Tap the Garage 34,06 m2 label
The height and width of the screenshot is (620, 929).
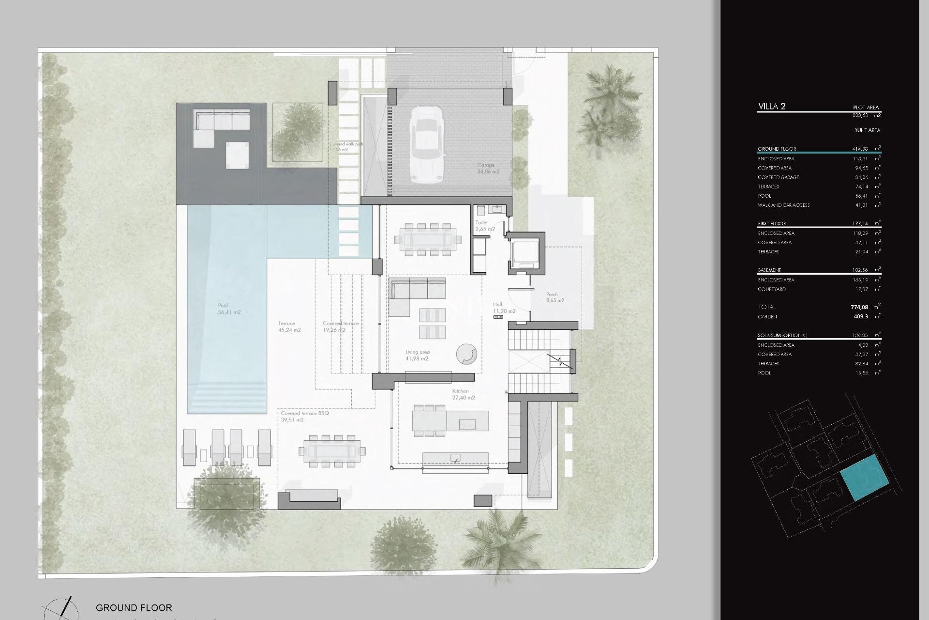(488, 168)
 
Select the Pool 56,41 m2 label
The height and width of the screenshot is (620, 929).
(229, 309)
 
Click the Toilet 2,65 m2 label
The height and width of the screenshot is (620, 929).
(485, 226)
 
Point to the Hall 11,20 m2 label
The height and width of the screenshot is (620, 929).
(504, 308)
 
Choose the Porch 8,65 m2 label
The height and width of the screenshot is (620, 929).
(554, 297)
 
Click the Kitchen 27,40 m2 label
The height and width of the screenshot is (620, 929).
(463, 394)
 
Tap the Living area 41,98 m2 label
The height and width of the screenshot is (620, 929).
(417, 356)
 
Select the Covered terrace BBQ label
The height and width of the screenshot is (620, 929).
(305, 417)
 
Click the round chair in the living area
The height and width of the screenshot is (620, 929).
(466, 354)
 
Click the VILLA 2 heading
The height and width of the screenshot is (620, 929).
(772, 107)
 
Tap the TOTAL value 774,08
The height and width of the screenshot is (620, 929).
(859, 307)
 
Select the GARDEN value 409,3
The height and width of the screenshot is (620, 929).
(861, 317)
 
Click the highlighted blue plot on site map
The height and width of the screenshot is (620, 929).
(865, 478)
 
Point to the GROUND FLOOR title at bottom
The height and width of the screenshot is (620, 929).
(134, 607)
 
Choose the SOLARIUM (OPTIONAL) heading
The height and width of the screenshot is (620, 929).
(782, 335)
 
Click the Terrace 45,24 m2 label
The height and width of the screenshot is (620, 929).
(289, 326)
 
